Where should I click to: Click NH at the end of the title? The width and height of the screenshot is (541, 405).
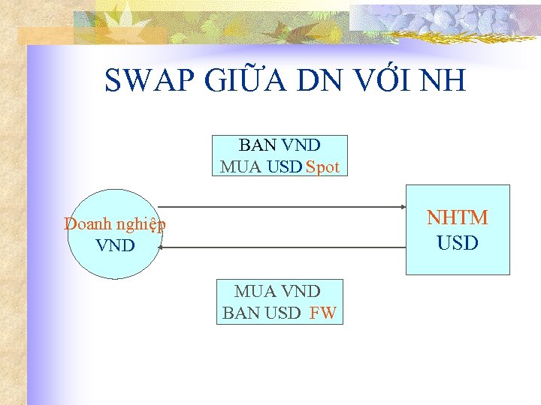click(446, 80)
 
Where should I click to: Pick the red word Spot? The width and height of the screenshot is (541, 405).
click(323, 166)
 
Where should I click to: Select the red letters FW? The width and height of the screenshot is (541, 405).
click(322, 313)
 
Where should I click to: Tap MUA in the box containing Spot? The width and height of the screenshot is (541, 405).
click(241, 166)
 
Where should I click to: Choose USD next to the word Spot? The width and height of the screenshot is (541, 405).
click(284, 166)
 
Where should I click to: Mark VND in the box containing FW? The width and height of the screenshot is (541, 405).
click(301, 291)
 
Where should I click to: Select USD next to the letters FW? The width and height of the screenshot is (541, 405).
click(283, 313)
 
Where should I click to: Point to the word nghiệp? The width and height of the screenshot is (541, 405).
click(140, 223)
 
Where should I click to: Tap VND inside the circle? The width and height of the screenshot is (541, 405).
click(115, 245)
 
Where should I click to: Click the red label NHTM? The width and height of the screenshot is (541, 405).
click(457, 217)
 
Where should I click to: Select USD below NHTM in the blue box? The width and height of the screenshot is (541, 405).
click(457, 243)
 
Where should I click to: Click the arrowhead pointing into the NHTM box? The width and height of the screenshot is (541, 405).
click(402, 206)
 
